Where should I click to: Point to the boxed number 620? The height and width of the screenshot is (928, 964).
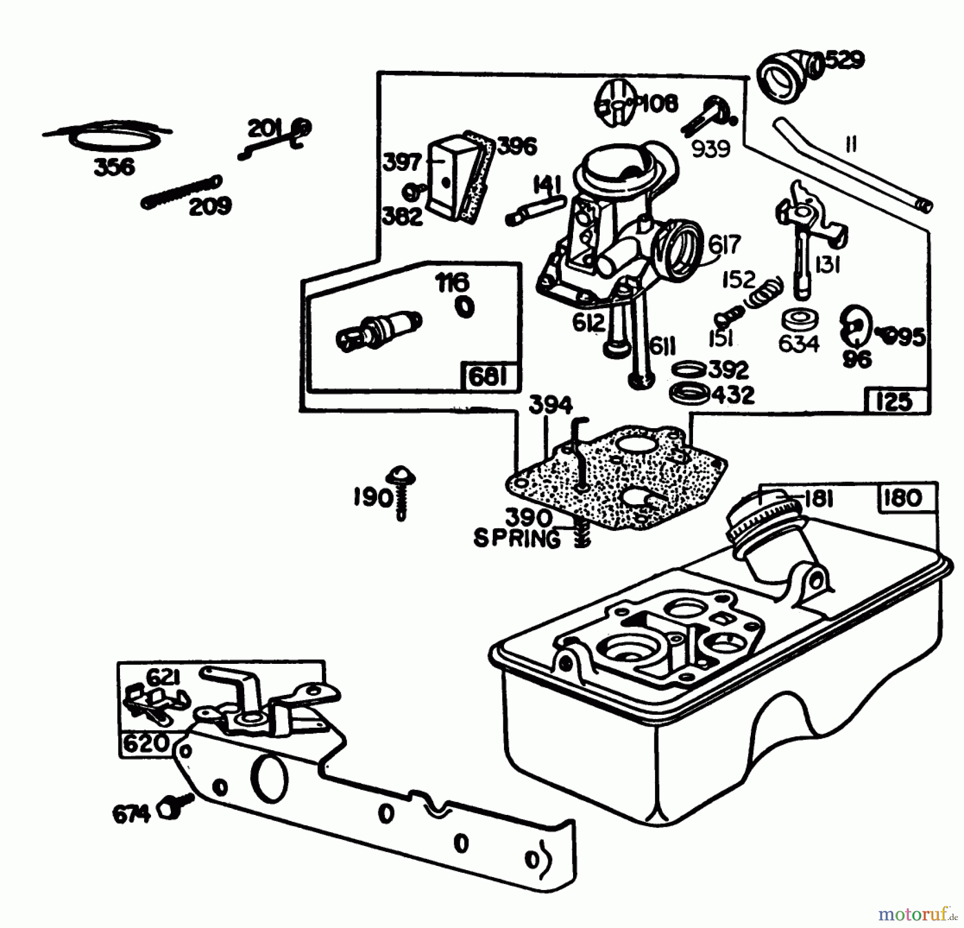tap(145, 743)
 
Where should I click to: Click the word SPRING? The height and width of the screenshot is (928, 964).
tap(516, 538)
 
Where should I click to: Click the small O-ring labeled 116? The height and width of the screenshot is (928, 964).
tap(464, 308)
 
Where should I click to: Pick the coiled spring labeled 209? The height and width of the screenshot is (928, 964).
tap(182, 193)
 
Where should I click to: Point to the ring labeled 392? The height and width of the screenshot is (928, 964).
tap(688, 369)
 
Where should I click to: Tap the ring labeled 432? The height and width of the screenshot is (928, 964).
tap(690, 393)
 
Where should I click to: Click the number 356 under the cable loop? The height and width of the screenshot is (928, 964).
tap(114, 167)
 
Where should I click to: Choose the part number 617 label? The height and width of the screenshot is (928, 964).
tap(724, 245)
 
